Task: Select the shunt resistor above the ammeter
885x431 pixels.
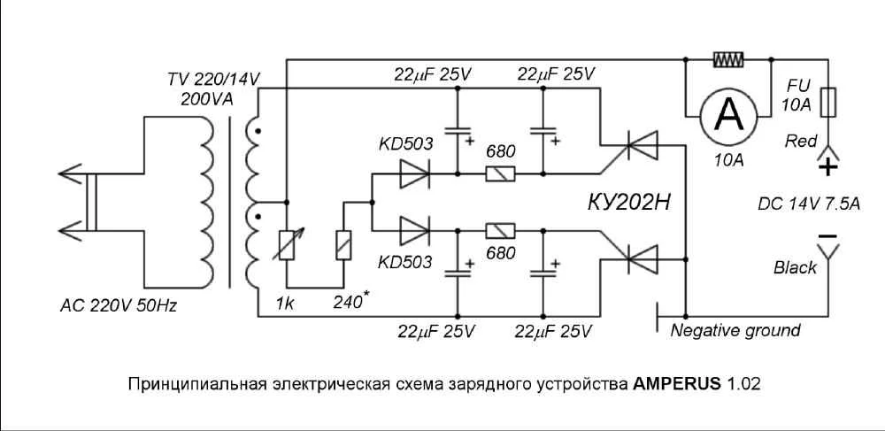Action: pyautogui.click(x=728, y=60)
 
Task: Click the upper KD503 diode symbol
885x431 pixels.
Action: pyautogui.click(x=414, y=174)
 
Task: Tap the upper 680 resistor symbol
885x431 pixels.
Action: pyautogui.click(x=500, y=174)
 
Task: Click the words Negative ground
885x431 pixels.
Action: pyautogui.click(x=735, y=331)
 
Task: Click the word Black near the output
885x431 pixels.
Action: pyautogui.click(x=795, y=267)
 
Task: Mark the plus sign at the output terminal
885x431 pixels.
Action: pyautogui.click(x=827, y=166)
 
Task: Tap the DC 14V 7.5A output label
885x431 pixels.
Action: pyautogui.click(x=808, y=203)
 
